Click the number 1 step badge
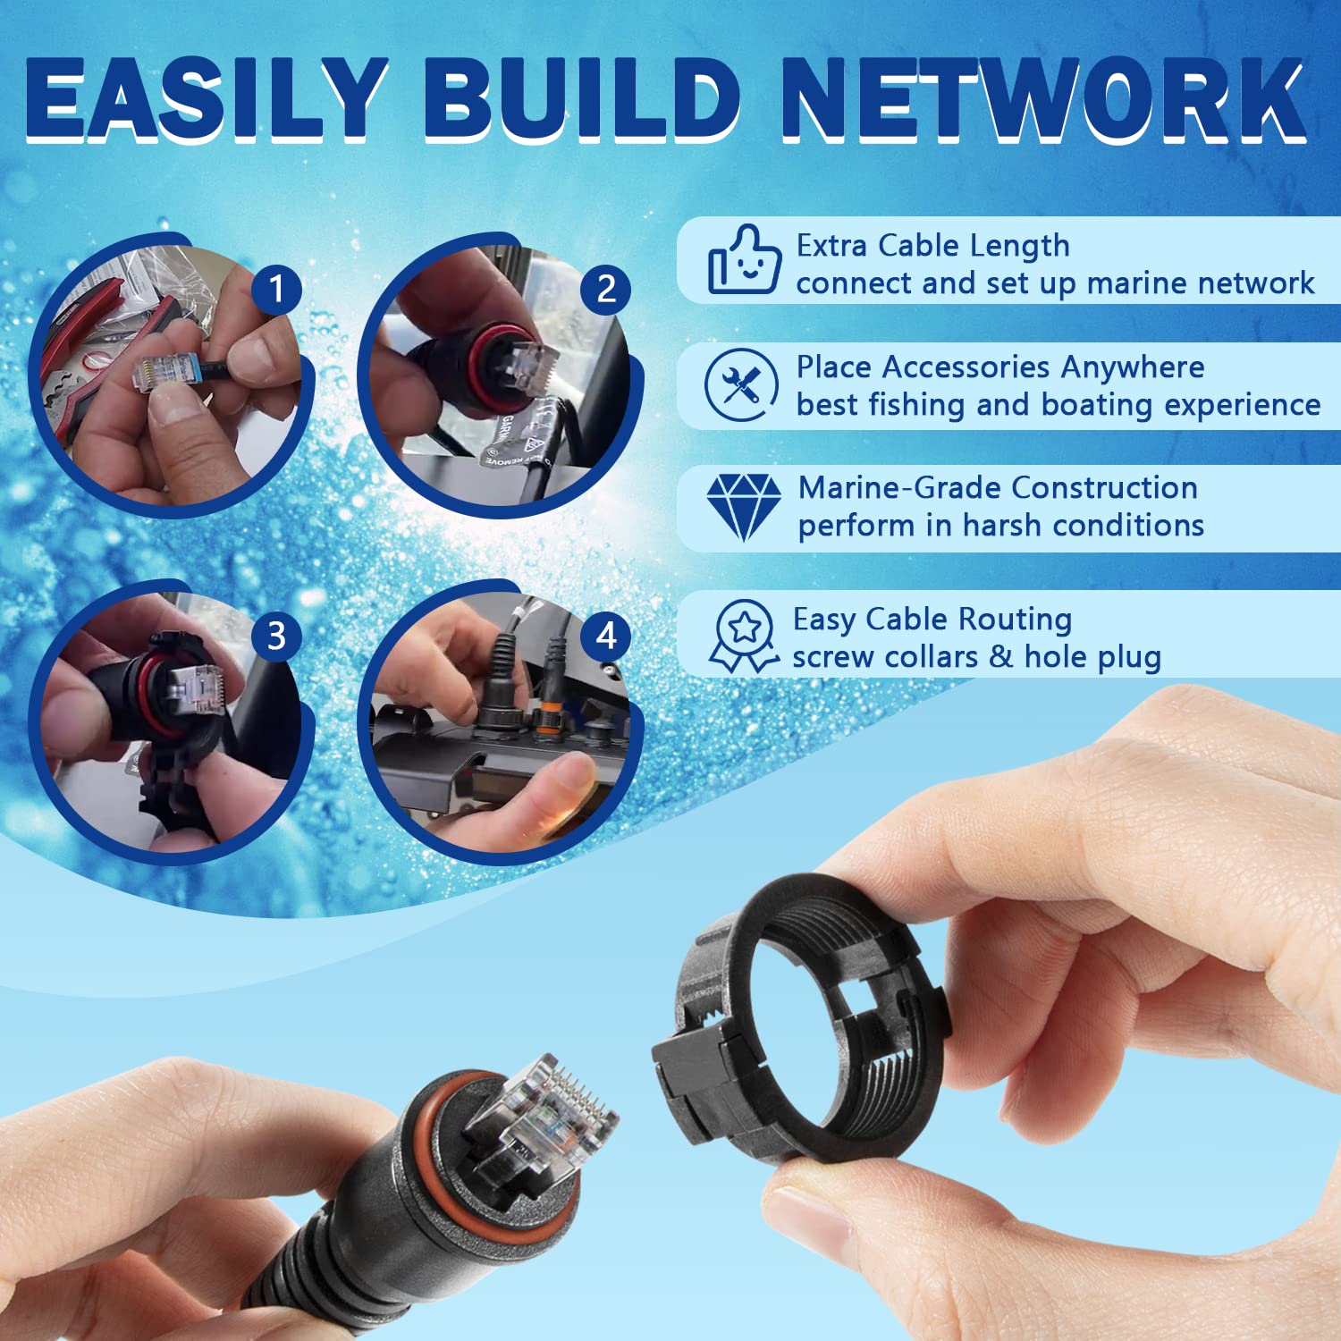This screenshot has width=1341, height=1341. pyautogui.click(x=277, y=289)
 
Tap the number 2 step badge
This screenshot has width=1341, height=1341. pyautogui.click(x=606, y=289)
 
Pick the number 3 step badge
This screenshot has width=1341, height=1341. pyautogui.click(x=277, y=636)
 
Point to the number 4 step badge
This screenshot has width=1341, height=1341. pyautogui.click(x=606, y=636)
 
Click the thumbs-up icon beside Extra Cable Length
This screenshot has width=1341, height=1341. pyautogui.click(x=744, y=260)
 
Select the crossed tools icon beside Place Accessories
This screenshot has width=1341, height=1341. pyautogui.click(x=741, y=384)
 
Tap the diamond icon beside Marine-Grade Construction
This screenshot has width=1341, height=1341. pyautogui.click(x=743, y=507)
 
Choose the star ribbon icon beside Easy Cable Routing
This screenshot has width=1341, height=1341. pyautogui.click(x=744, y=636)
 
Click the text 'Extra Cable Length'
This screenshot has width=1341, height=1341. pyautogui.click(x=932, y=245)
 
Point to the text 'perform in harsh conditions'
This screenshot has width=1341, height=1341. pyautogui.click(x=1000, y=526)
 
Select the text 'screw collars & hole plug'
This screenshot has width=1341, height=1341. pyautogui.click(x=976, y=657)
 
